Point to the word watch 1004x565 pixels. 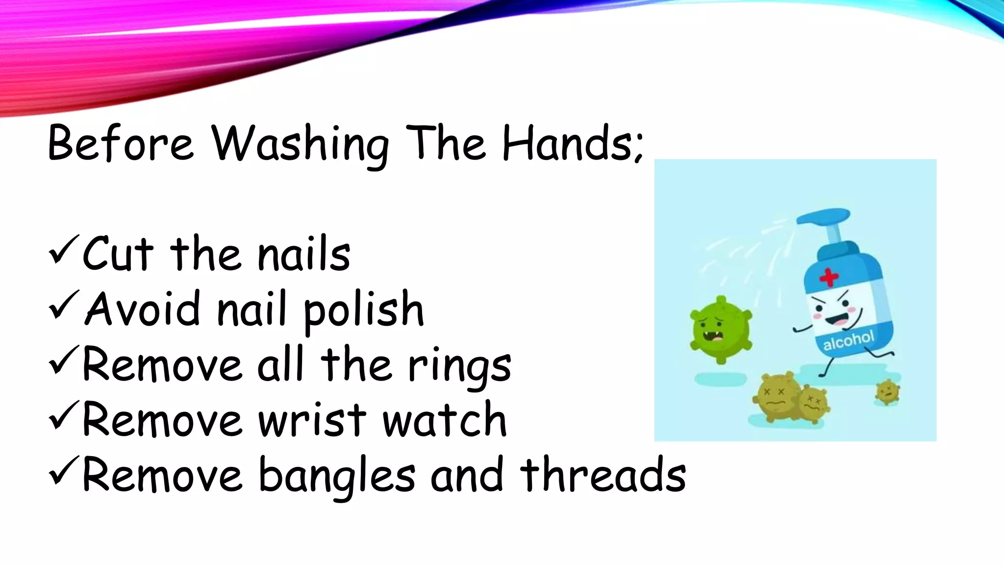(x=444, y=420)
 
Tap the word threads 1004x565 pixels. (x=602, y=475)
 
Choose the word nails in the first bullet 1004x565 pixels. (x=304, y=254)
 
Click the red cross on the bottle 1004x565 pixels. (x=829, y=278)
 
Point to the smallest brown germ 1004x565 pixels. (x=887, y=391)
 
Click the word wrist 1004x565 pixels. (x=312, y=420)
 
